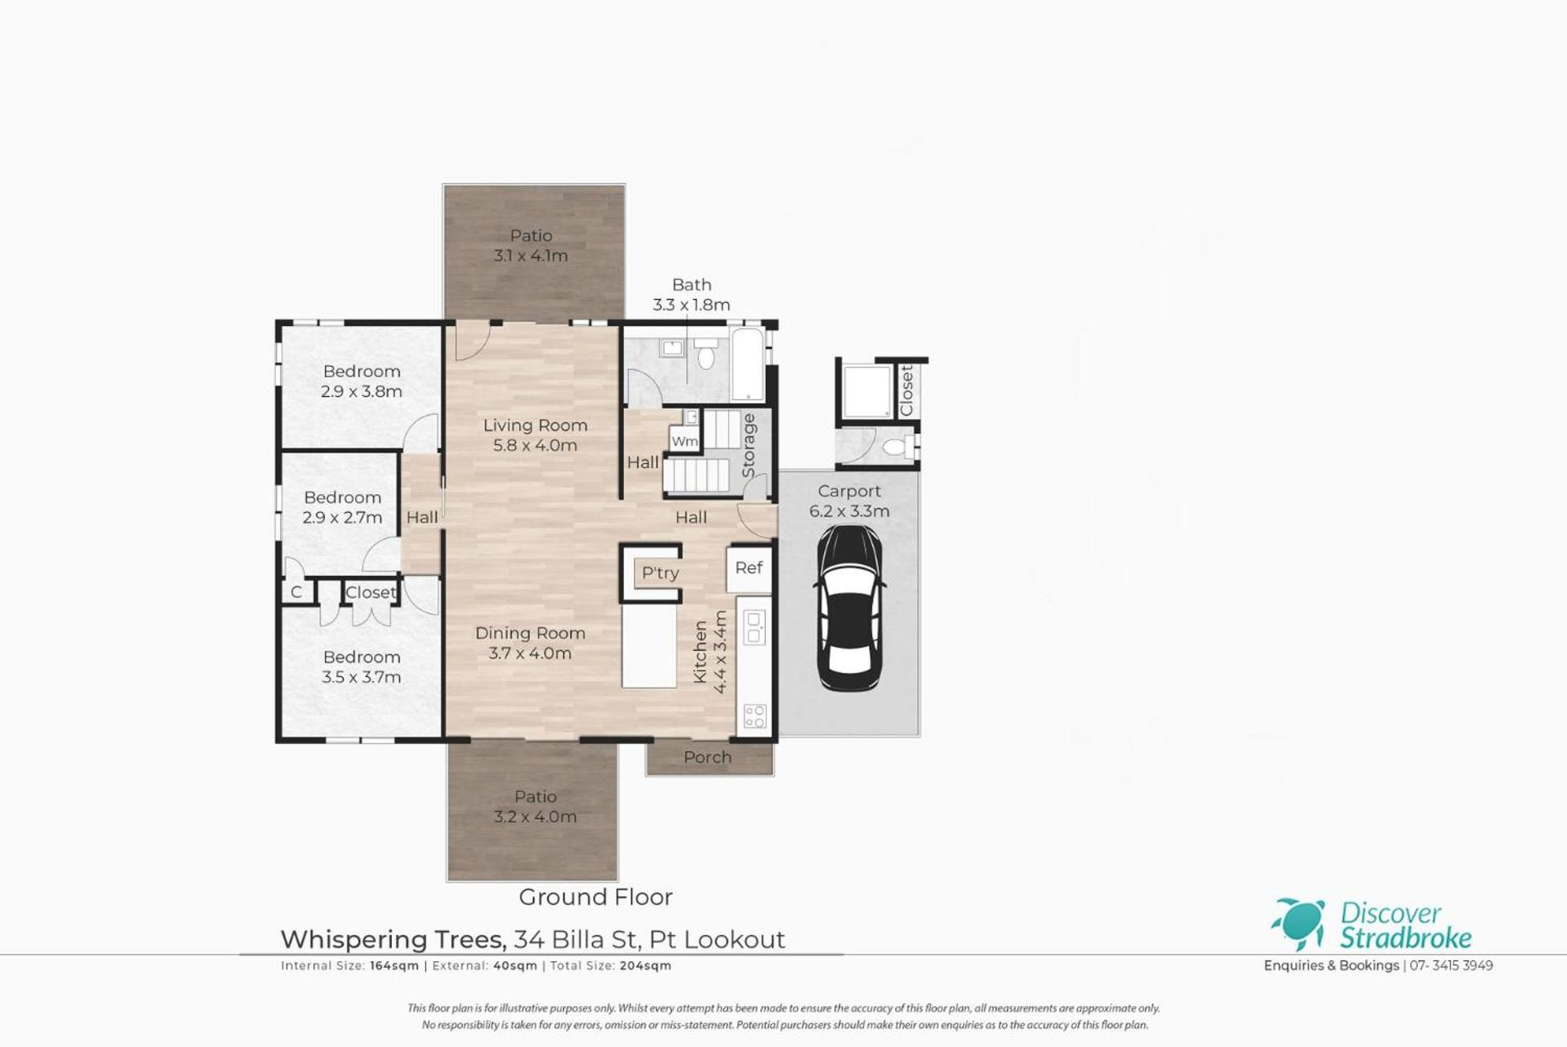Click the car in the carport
pos(849,608)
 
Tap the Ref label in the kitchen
pos(749,568)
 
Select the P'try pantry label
pos(660,573)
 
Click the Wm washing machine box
pos(684,441)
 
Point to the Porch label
pos(707,757)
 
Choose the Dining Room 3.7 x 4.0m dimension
pos(530,653)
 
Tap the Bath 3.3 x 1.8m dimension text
pos(691,305)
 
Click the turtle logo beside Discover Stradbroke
pos(1298,924)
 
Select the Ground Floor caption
pos(596,897)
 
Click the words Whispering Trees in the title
pos(394,940)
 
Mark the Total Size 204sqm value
pos(645,965)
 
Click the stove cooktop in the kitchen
pos(755,716)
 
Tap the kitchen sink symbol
pos(755,626)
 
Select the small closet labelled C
pos(296,591)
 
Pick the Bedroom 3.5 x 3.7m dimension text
pos(361,677)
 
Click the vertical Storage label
pos(748,446)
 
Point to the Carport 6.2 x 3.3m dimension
pos(849,511)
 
